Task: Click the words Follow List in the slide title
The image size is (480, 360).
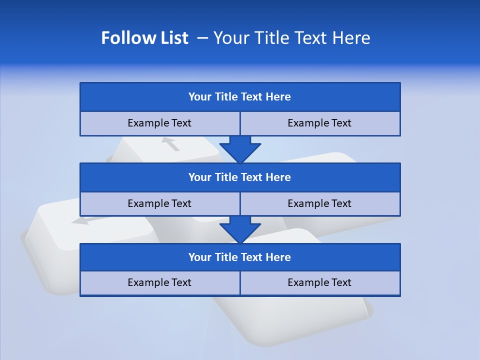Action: coord(144,38)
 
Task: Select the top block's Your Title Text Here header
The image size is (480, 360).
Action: coord(239,97)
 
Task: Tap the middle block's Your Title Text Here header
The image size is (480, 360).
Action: coord(239,177)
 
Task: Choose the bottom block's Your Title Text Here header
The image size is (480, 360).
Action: coord(239,257)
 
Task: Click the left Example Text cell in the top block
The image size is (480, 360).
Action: coord(159,123)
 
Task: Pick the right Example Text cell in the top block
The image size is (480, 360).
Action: coord(319,123)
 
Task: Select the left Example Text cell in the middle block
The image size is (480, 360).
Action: coord(159,203)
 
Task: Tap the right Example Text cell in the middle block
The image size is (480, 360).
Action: coord(319,203)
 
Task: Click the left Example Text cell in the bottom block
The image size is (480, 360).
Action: coord(159,282)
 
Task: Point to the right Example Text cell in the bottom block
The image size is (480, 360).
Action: coord(319,282)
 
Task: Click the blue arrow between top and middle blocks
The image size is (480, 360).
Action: coord(240,149)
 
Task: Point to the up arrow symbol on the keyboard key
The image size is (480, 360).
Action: coord(171,144)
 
